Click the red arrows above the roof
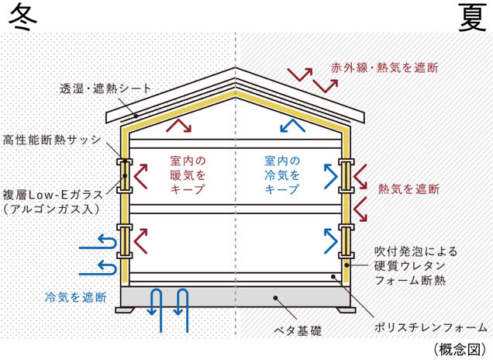(x=300, y=78)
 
